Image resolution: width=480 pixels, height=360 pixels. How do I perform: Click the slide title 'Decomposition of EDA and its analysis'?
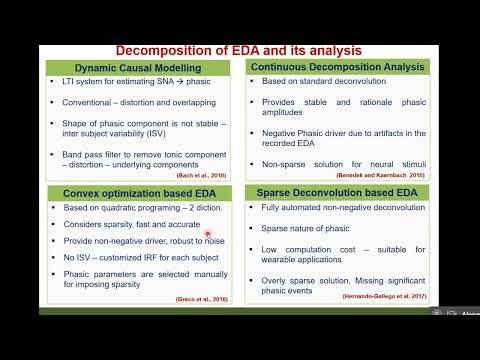pos(239,50)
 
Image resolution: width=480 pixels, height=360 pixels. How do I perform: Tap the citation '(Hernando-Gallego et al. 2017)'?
pos(384,297)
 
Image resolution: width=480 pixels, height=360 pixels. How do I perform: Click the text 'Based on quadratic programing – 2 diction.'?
pos(141,208)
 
